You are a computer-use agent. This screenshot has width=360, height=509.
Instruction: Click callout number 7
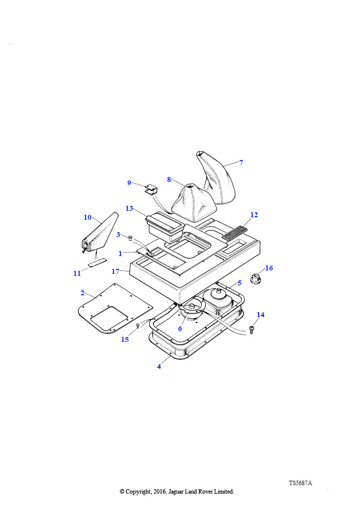(241, 163)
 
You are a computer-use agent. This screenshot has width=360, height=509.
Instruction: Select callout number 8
(169, 179)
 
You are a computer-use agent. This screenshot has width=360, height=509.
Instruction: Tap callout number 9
(129, 183)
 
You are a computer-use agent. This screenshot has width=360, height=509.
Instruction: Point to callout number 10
(88, 217)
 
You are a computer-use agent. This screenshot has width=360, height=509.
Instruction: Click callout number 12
(254, 215)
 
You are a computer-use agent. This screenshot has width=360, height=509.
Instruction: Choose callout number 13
(129, 208)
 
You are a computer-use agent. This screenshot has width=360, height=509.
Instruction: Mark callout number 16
(269, 268)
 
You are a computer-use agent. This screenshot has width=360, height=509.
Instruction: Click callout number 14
(261, 315)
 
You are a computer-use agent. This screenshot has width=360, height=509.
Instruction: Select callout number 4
(159, 366)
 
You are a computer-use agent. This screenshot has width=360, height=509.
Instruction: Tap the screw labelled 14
(252, 330)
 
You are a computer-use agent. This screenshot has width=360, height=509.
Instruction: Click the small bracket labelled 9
(151, 189)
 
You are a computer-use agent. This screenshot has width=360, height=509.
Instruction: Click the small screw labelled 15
(137, 327)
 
